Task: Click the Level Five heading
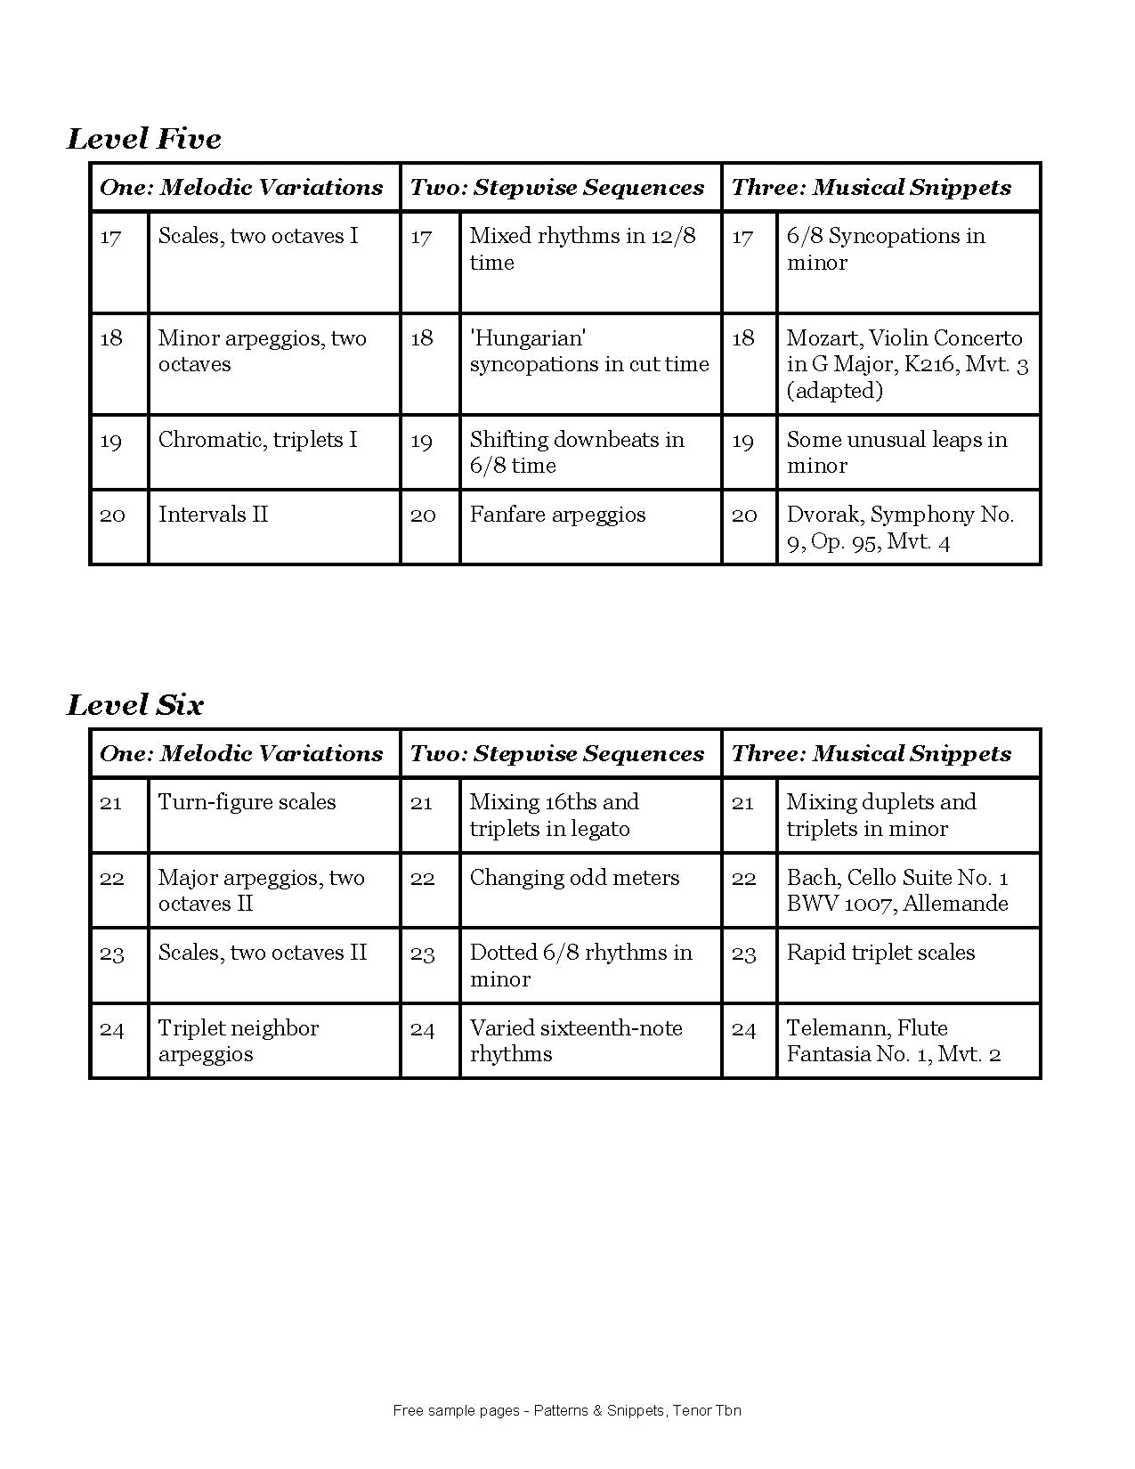tap(144, 139)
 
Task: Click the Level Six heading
tap(135, 705)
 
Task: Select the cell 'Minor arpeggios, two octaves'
tap(262, 351)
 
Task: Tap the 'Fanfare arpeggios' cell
tap(557, 515)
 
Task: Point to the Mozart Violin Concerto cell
tap(906, 363)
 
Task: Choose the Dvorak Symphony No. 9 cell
tap(899, 527)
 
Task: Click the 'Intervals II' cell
tap(213, 515)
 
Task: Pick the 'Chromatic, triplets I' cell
tap(257, 440)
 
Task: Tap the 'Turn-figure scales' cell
tap(247, 802)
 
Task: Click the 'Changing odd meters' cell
tap(574, 878)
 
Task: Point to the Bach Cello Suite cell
tap(897, 890)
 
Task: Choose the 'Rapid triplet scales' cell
tap(880, 953)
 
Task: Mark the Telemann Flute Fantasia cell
tap(894, 1041)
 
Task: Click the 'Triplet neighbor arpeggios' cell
tap(238, 1041)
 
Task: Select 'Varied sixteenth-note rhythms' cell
tap(576, 1041)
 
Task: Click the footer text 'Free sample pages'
tap(567, 1410)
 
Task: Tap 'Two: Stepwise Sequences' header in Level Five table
tap(557, 188)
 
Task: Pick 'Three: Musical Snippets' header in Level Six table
tap(872, 754)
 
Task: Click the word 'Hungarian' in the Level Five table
tap(528, 338)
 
